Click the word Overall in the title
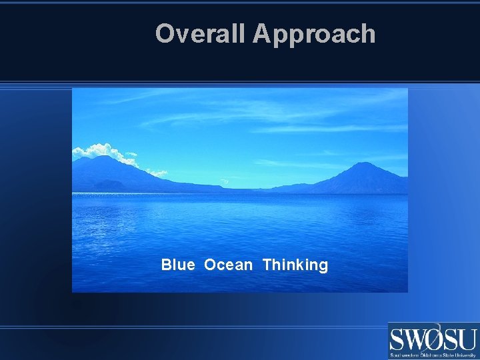pos(201,33)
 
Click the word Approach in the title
pos(314,33)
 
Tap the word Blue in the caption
pos(178,265)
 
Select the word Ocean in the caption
pos(229,265)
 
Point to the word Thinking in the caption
pos(295,265)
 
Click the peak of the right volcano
pos(363,163)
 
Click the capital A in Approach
pos(261,33)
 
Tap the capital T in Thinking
pos(267,265)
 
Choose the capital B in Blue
pos(165,265)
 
